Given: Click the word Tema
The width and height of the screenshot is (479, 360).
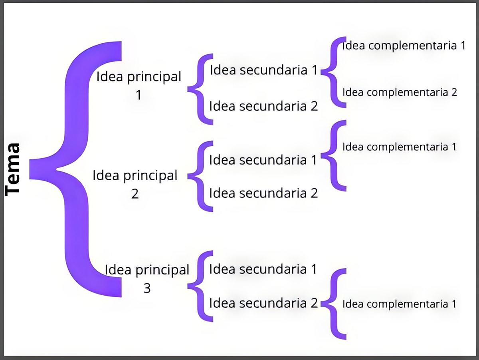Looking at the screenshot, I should tap(13, 169).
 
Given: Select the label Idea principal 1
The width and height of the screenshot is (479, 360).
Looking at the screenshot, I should tap(139, 85).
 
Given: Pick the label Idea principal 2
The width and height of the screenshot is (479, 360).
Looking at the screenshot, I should tap(135, 184).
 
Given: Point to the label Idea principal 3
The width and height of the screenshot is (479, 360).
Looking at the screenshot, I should tap(147, 278).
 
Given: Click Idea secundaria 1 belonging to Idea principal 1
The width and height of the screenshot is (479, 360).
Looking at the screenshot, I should tap(263, 70).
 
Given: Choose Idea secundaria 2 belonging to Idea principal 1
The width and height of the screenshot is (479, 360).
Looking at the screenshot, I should tap(263, 106).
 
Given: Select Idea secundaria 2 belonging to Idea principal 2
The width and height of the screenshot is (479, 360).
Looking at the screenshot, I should tap(263, 193).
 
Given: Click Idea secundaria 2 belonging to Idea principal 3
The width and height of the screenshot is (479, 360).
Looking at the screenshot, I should tap(263, 303).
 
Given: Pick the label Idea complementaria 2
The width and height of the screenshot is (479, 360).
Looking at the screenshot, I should tap(400, 93).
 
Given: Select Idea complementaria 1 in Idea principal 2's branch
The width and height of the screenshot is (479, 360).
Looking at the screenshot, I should tap(399, 147).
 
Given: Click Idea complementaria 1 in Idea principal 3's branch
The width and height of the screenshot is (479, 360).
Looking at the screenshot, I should tap(399, 304).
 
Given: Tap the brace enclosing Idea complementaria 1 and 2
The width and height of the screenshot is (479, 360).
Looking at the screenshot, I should tap(334, 72).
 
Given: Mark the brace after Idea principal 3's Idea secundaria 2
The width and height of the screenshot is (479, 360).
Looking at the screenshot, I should tap(334, 304).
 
